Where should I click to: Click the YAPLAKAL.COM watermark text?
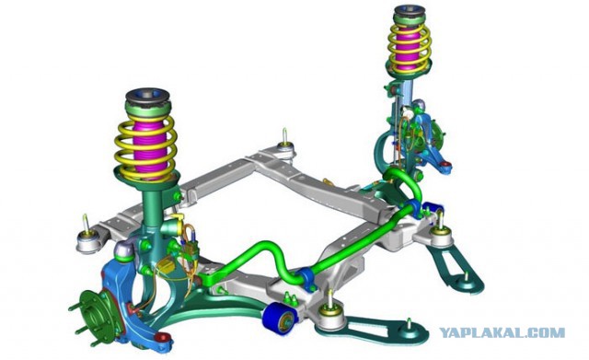click(502, 333)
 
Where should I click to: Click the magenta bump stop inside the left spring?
click(149, 147)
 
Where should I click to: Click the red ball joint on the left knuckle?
click(162, 337)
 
